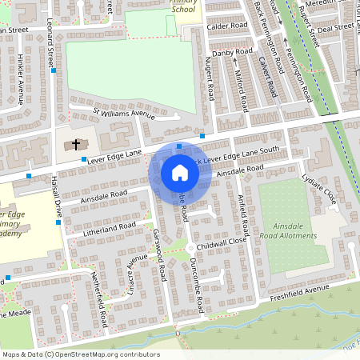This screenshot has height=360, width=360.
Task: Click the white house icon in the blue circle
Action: [x=180, y=173]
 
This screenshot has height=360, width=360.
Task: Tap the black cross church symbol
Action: [x=77, y=145]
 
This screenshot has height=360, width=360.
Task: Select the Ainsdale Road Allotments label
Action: [x=289, y=231]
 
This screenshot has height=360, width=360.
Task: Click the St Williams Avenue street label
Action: [x=123, y=114]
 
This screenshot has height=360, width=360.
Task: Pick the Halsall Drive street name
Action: [x=57, y=199]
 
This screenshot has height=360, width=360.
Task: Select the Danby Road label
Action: [x=232, y=53]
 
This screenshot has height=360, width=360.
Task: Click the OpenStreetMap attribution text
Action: [x=80, y=354]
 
